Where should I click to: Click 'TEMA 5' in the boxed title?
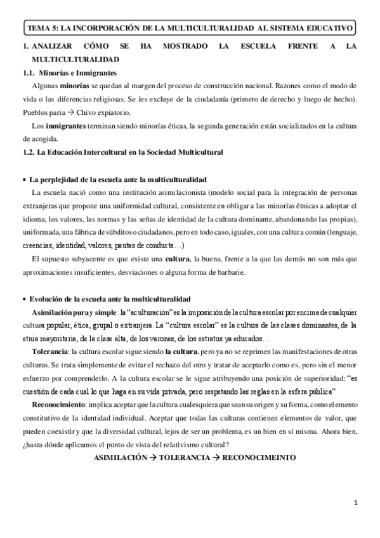41,29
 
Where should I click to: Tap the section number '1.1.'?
29,73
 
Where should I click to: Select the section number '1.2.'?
29,152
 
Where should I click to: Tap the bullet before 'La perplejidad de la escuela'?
24,180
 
